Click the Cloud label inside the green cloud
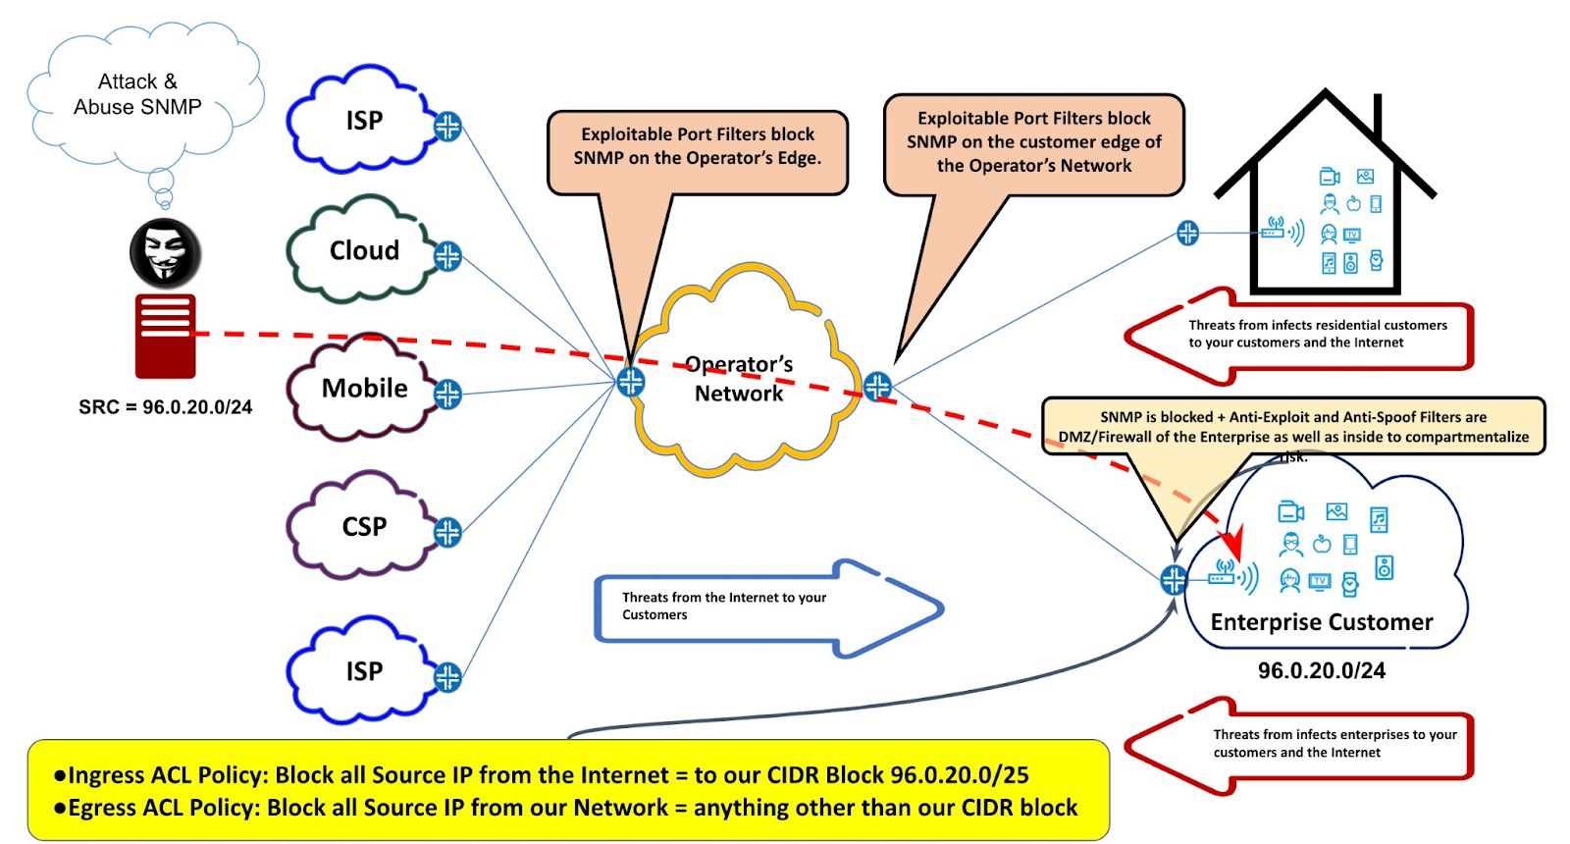(x=364, y=251)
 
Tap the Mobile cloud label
(x=364, y=389)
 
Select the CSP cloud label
(x=364, y=527)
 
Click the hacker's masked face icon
(x=165, y=253)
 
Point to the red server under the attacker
(x=165, y=336)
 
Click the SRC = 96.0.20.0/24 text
(x=165, y=407)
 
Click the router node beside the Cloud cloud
(x=447, y=256)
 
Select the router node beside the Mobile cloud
(x=447, y=395)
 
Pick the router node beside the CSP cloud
(x=447, y=532)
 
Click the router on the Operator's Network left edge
(x=631, y=382)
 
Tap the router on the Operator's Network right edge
(x=877, y=386)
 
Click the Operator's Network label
(x=739, y=379)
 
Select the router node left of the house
(x=1187, y=233)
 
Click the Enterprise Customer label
(x=1321, y=622)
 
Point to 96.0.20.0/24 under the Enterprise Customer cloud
(x=1321, y=671)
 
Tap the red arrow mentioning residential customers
(x=1305, y=335)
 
